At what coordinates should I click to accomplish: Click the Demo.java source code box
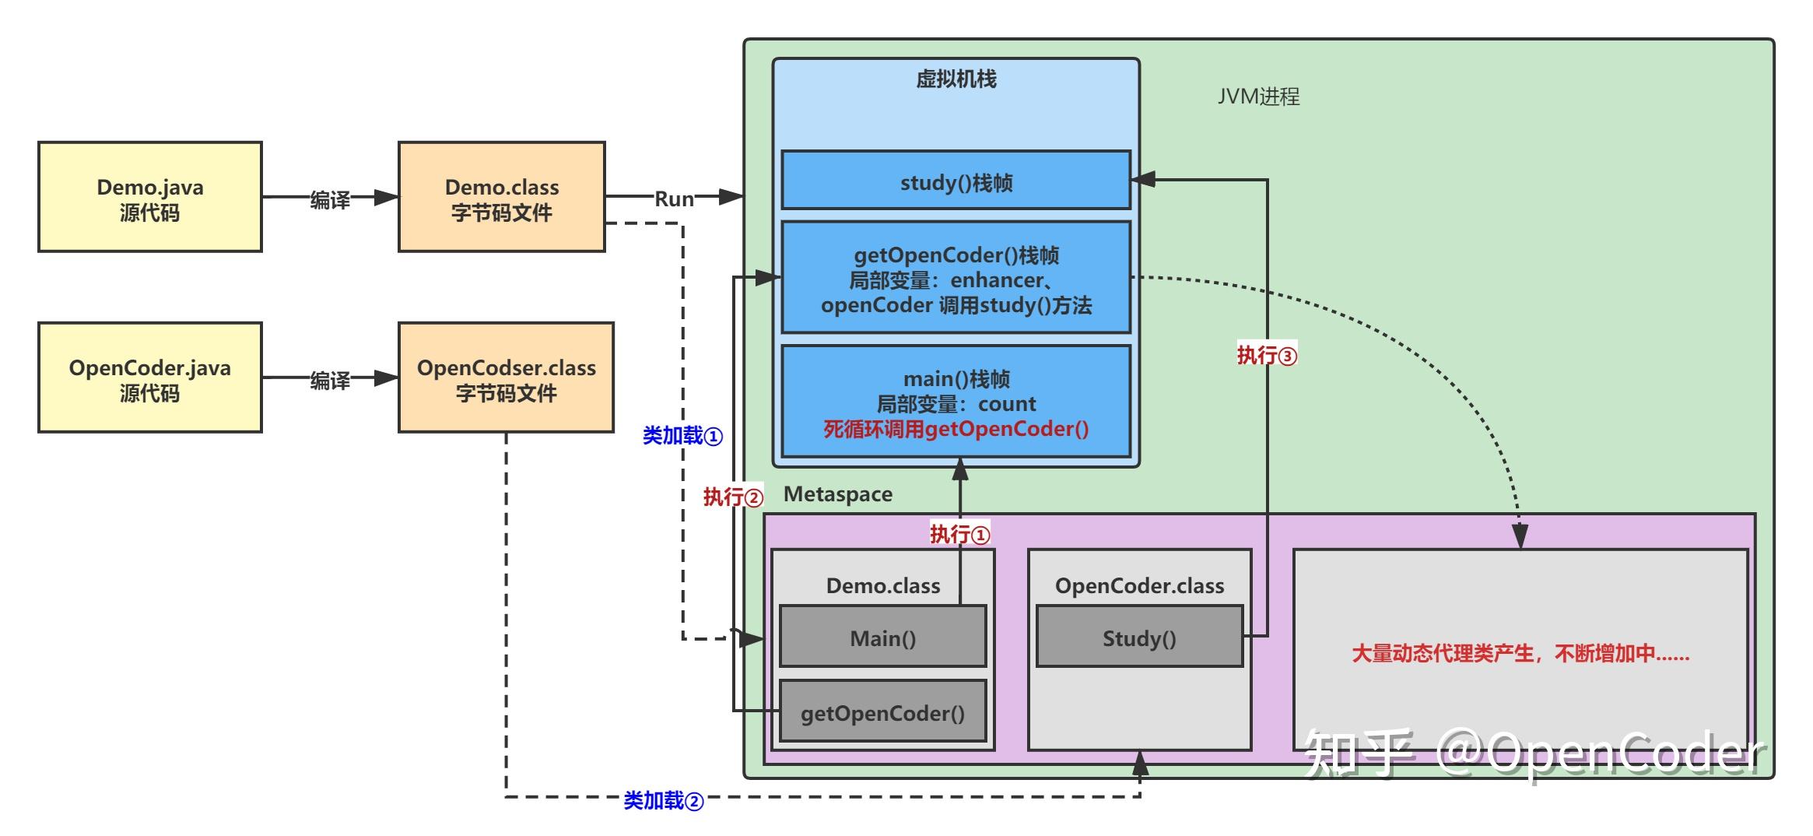click(149, 197)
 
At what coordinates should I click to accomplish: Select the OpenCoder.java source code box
click(149, 378)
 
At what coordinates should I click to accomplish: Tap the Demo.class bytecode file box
click(501, 197)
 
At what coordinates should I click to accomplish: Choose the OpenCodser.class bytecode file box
click(506, 378)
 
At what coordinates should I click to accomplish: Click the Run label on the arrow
click(674, 199)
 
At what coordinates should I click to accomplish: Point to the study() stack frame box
click(956, 181)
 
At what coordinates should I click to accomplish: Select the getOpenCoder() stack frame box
click(956, 278)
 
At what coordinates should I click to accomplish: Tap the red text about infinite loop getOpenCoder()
click(956, 429)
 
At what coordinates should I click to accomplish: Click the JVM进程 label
click(1258, 97)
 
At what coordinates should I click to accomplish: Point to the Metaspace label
click(837, 494)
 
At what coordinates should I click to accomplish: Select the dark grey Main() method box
click(882, 638)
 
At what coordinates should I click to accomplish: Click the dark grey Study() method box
click(1139, 638)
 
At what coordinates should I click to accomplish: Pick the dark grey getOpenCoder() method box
click(882, 712)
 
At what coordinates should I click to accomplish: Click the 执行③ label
click(1267, 356)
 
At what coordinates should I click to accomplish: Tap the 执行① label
click(959, 535)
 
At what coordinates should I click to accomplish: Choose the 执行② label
click(733, 497)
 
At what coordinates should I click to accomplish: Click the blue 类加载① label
click(682, 436)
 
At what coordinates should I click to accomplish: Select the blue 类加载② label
click(663, 800)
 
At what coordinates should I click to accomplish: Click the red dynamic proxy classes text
click(1520, 654)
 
